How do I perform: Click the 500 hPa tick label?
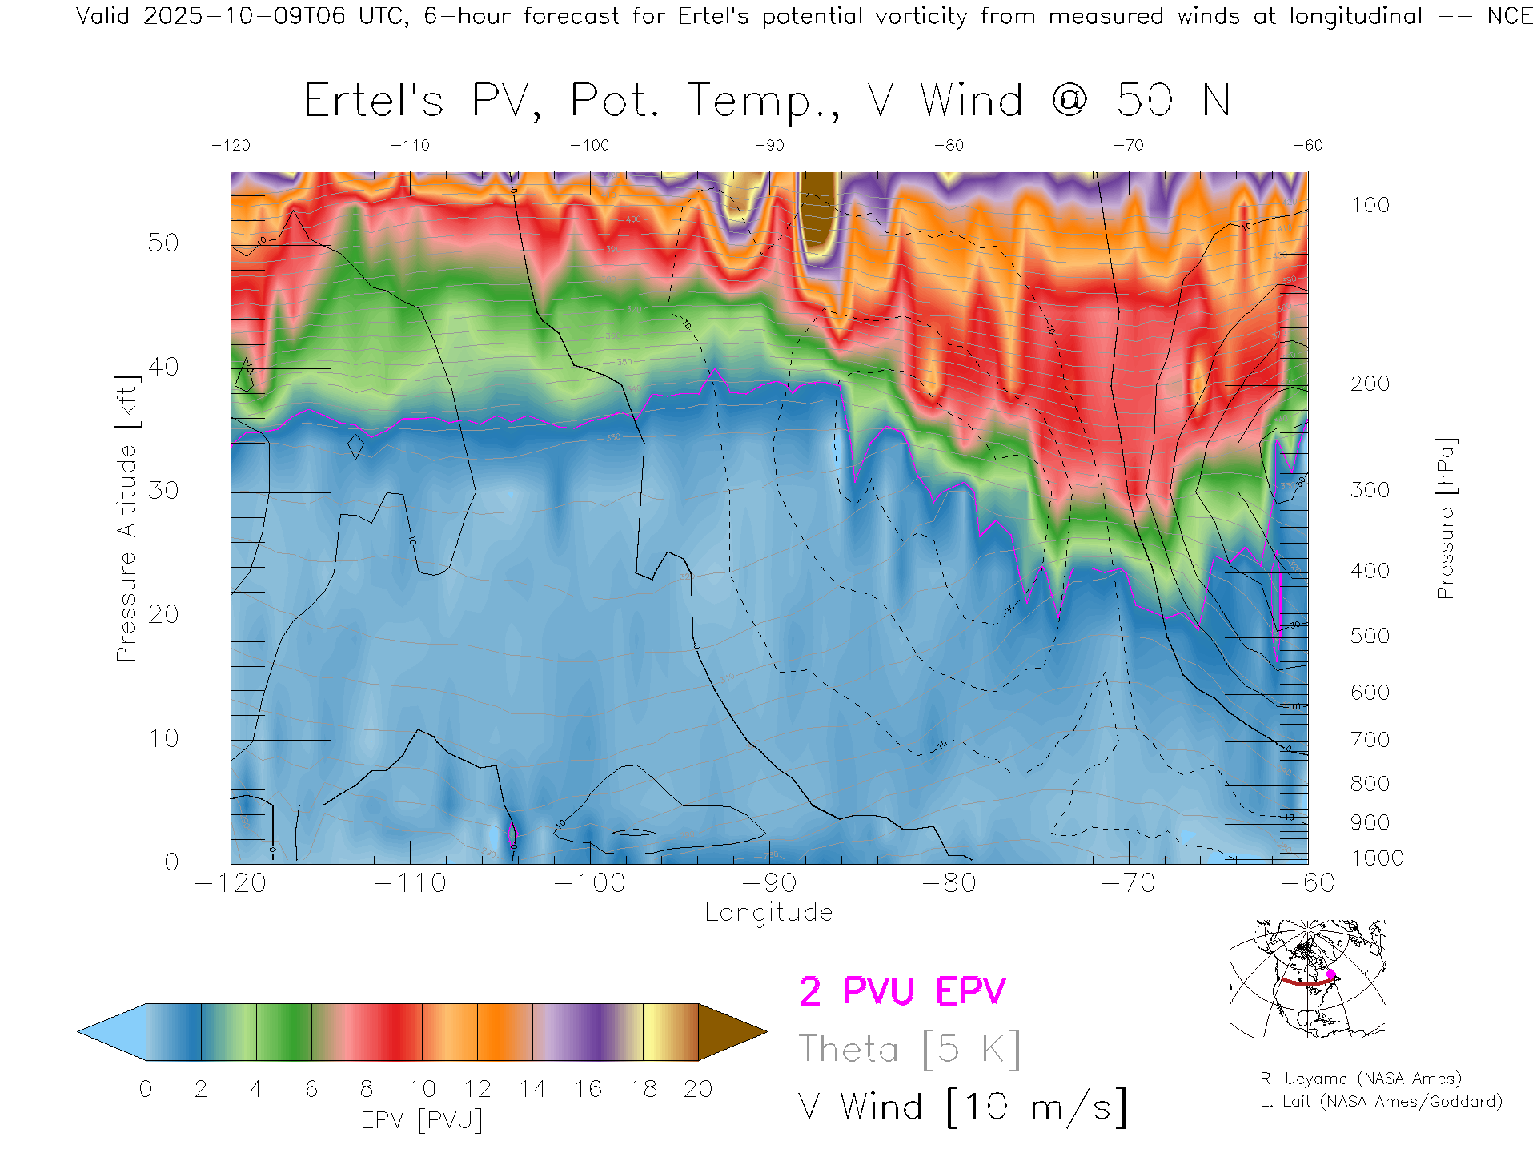1370,636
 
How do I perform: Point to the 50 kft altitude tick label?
163,243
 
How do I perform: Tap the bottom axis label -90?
769,883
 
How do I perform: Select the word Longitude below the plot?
768,913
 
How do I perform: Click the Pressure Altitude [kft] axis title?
126,518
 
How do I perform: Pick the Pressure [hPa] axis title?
1445,518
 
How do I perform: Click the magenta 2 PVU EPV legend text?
902,991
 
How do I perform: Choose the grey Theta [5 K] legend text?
909,1049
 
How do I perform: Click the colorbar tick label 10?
422,1089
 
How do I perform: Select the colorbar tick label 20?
698,1089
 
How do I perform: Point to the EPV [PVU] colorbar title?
422,1120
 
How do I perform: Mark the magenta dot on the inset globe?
1330,974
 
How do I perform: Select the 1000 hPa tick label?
1377,858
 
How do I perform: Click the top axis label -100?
590,146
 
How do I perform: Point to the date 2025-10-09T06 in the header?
244,16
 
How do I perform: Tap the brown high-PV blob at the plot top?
819,210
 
